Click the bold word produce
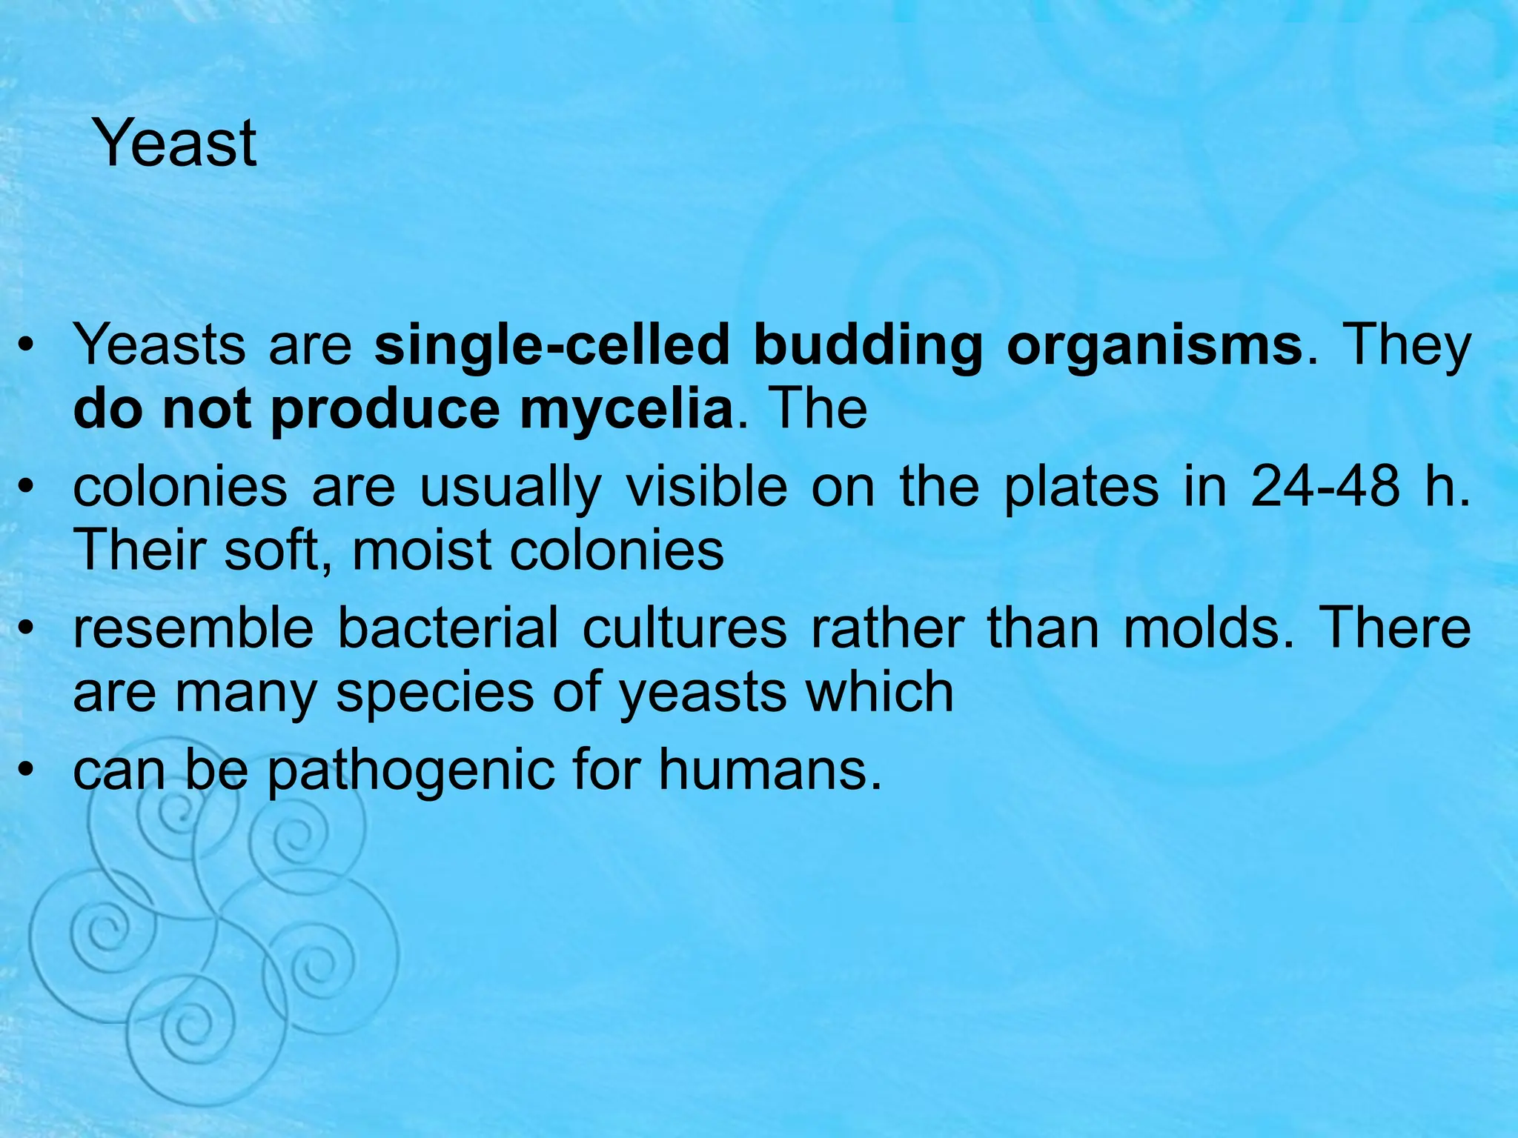385,410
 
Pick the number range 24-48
1325,488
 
